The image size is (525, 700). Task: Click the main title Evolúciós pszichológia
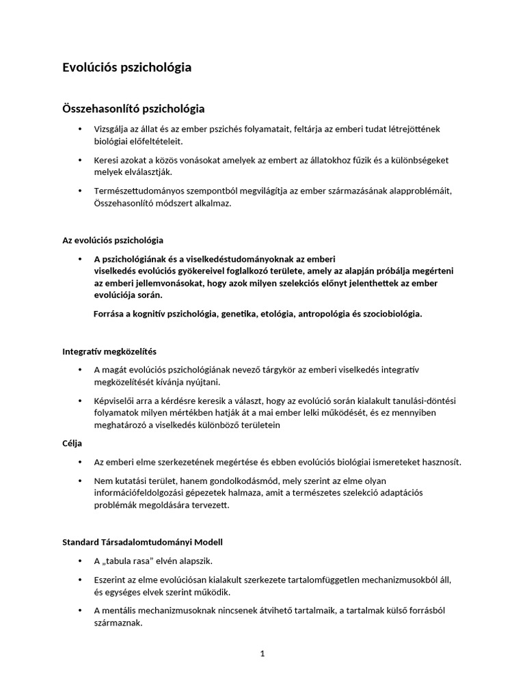[127, 67]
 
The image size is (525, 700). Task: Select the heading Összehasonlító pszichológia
[133, 108]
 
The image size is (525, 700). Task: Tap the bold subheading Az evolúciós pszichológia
[113, 241]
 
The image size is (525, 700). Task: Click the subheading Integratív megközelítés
[109, 351]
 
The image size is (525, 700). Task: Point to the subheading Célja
[72, 444]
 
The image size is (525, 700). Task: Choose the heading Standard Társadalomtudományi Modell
[142, 542]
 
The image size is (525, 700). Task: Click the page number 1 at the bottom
[262, 653]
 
